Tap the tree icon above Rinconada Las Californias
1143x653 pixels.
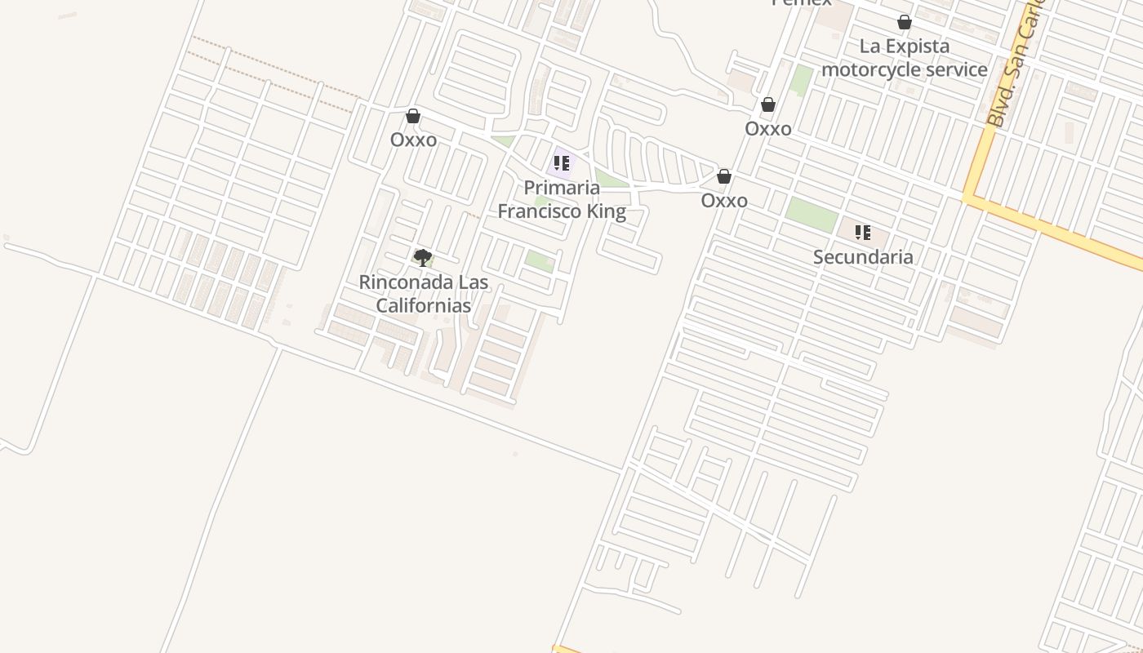[422, 259]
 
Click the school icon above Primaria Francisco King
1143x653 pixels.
[562, 163]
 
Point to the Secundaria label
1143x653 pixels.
[863, 257]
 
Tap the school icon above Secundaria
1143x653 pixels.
[863, 233]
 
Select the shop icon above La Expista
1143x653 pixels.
[905, 22]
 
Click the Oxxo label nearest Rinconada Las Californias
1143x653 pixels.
[413, 140]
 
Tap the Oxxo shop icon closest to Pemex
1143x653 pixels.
[767, 104]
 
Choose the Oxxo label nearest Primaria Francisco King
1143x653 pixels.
[724, 201]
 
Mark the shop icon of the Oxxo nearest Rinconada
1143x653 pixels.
[413, 116]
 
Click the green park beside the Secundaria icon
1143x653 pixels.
[812, 215]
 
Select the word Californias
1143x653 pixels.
[423, 306]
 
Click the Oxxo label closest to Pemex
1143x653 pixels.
[767, 129]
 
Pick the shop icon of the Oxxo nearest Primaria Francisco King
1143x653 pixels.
[723, 176]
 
